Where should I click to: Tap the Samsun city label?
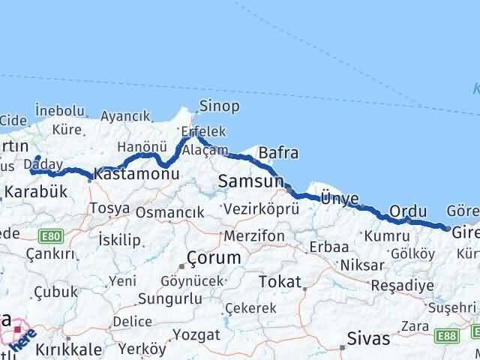coord(250,181)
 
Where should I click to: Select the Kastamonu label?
coord(137,174)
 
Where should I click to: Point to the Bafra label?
coord(277,154)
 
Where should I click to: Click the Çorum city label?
coord(214,257)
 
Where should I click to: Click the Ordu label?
coord(408,211)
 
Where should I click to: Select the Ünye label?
coord(340,198)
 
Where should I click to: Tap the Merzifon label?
coord(256,235)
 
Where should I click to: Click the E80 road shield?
coord(52,236)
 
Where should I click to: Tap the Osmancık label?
coord(169,213)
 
